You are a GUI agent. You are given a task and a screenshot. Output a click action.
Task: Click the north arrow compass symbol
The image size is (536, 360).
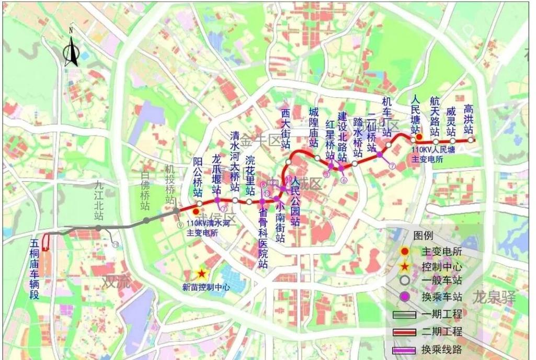pyautogui.click(x=71, y=50)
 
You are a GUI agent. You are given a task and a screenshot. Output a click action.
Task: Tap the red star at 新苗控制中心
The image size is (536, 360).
pyautogui.click(x=201, y=274)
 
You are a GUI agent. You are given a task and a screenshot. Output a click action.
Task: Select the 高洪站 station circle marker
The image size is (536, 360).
pyautogui.click(x=471, y=140)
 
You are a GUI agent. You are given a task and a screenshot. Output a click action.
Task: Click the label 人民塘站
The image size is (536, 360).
pyautogui.click(x=416, y=114)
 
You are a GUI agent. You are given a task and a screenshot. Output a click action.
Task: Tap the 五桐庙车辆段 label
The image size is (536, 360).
pyautogui.click(x=35, y=269)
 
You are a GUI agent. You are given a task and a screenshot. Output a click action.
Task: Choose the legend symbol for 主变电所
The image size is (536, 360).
pyautogui.click(x=404, y=251)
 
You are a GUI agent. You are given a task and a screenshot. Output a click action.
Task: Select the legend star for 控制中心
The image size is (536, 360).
pyautogui.click(x=404, y=266)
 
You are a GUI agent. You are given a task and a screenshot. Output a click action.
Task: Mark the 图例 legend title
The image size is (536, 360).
pyautogui.click(x=424, y=235)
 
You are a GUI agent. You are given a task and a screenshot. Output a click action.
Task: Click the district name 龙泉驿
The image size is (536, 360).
pyautogui.click(x=494, y=298)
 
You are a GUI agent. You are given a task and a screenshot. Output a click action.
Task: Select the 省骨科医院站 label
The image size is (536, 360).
pyautogui.click(x=263, y=238)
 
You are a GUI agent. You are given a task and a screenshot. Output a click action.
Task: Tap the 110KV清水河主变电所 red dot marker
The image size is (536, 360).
pyautogui.click(x=196, y=211)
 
